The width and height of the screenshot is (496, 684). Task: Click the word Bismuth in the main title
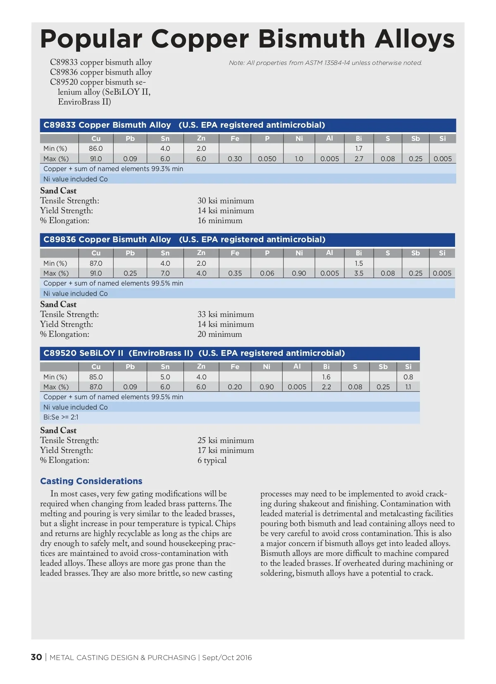tap(312, 39)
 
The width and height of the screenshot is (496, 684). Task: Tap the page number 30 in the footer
tap(36, 657)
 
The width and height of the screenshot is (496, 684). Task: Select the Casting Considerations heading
tap(91, 481)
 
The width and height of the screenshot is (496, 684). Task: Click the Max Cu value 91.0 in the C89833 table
tap(96, 159)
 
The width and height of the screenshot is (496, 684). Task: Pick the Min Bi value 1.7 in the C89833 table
tap(358, 148)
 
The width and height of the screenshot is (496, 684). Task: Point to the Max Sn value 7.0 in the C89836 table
tap(165, 273)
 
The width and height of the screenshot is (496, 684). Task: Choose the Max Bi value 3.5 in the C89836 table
tap(358, 273)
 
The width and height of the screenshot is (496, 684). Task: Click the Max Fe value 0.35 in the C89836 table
tap(235, 273)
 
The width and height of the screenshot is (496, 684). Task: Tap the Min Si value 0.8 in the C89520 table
tap(408, 377)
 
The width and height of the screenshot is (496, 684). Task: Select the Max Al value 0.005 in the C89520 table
tap(297, 387)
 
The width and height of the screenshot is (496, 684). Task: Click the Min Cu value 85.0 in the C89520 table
tap(96, 377)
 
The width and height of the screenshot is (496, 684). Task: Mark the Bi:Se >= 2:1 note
tap(61, 417)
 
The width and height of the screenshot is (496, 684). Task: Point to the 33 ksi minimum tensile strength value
tap(226, 315)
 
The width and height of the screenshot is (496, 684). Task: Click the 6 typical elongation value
tap(212, 460)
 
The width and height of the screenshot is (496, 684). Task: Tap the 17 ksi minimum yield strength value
tap(226, 450)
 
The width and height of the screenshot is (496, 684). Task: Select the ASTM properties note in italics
tap(325, 63)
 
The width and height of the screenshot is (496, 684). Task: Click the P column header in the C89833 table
tap(267, 138)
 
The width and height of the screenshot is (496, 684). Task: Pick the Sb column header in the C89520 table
tap(383, 367)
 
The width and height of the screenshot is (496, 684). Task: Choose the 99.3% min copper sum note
tap(113, 169)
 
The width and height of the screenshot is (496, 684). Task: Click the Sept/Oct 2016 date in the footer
tap(227, 658)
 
